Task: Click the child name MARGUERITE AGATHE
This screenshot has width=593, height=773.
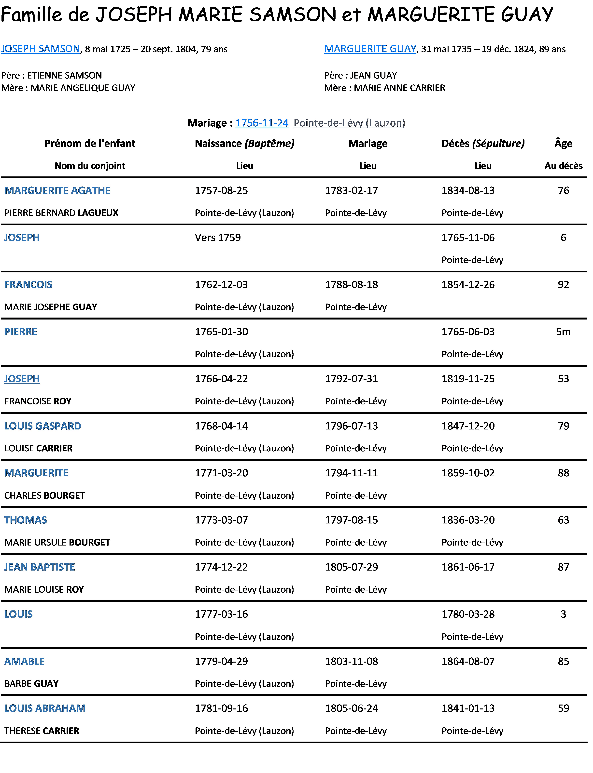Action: coord(57,190)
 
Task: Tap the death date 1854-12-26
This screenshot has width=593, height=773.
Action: coord(468,285)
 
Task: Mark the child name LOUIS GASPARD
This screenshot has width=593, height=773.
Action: coord(43,426)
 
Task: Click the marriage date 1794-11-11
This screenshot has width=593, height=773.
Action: coord(351,473)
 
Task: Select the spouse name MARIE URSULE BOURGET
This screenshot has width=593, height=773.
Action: coord(57,542)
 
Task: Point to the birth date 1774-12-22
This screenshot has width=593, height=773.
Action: coord(221,567)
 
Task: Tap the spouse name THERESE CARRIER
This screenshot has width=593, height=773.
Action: coord(42,731)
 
